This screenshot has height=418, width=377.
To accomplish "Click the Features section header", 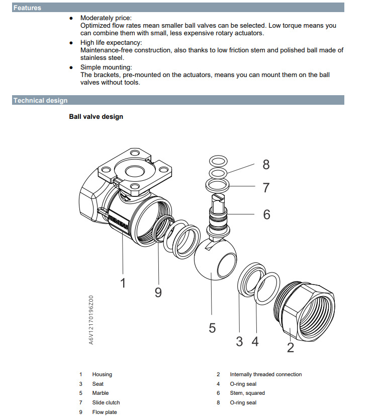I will click(28, 8).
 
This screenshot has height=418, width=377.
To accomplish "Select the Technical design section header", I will click(40, 100).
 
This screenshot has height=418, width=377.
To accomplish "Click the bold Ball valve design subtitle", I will click(96, 117).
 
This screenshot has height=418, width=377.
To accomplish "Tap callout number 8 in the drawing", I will click(266, 164).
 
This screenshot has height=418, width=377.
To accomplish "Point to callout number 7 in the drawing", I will click(266, 188).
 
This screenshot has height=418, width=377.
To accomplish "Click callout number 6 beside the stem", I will click(266, 215).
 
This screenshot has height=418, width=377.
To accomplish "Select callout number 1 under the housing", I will click(123, 283).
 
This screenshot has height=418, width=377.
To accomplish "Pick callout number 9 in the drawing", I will click(158, 292).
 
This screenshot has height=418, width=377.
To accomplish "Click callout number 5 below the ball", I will click(212, 328).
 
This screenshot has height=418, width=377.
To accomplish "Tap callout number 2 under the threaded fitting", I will click(290, 347).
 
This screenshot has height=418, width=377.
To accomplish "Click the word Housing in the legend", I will click(102, 374).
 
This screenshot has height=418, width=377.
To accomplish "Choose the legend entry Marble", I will click(100, 393).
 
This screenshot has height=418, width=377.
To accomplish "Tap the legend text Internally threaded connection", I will click(265, 374).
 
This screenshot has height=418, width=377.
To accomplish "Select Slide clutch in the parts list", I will click(106, 402).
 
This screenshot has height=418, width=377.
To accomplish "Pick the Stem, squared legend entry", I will click(247, 393).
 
